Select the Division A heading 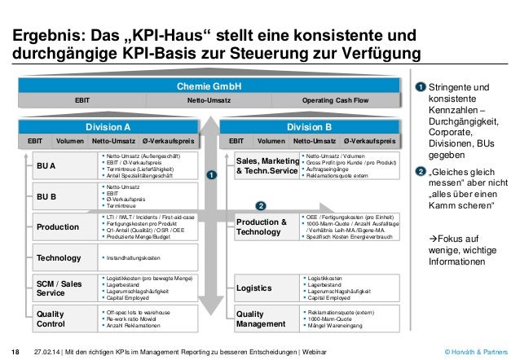coord(108,127)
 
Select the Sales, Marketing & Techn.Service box coord(265,166)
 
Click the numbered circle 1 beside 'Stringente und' coord(421,88)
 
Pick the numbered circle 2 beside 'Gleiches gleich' coord(421,171)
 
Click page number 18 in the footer coord(15,352)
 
